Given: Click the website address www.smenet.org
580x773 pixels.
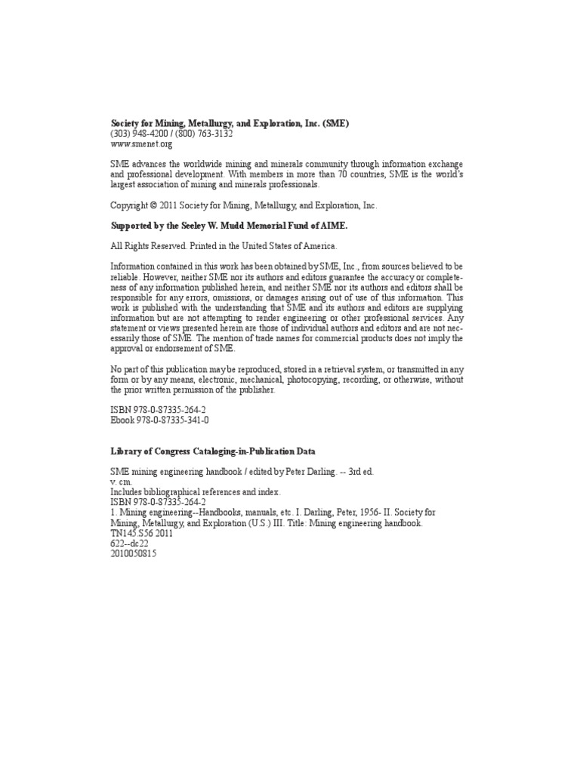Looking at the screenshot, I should (142, 143).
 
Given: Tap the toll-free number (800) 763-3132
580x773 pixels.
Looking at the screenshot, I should (205, 134).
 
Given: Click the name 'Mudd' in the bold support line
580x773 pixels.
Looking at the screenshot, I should (251, 226).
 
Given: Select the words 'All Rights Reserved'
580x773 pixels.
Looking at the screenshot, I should (150, 246).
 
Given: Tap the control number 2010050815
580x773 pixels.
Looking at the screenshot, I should (134, 553).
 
